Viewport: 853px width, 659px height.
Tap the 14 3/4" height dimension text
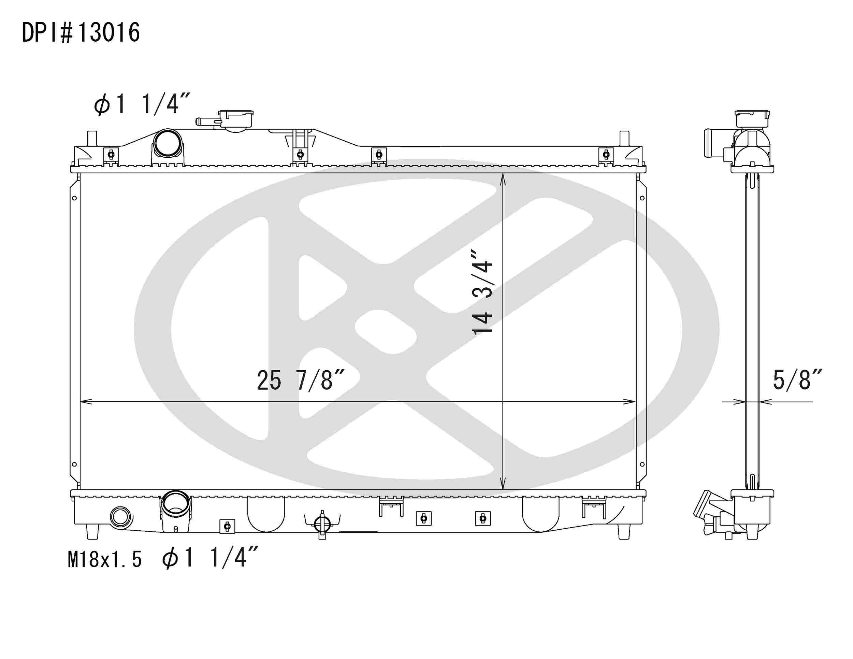[483, 292]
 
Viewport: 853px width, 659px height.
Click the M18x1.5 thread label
[105, 559]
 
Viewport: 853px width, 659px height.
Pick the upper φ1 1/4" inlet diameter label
[141, 104]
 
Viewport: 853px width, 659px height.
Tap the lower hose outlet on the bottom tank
[175, 504]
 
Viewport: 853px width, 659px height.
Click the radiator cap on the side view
[752, 119]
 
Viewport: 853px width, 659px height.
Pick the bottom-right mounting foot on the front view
[624, 531]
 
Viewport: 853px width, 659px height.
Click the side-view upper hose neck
[713, 143]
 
